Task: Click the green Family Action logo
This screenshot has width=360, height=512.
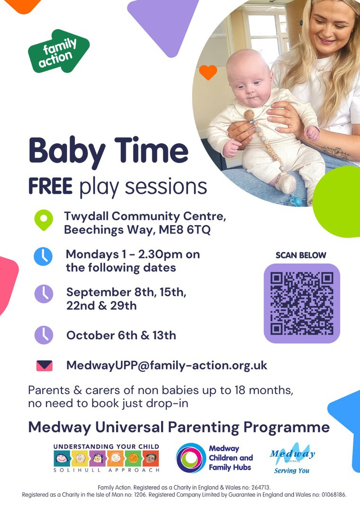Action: (x=58, y=51)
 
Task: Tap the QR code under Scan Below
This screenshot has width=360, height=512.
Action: (x=302, y=304)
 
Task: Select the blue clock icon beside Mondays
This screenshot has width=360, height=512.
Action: (x=43, y=256)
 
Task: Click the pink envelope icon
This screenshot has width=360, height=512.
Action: (x=45, y=366)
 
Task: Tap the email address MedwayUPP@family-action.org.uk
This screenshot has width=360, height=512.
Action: (x=166, y=366)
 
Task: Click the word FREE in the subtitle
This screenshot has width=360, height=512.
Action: (x=50, y=186)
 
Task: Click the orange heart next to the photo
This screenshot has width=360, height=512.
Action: (x=208, y=72)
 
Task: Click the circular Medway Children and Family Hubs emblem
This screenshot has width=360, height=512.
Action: (x=191, y=458)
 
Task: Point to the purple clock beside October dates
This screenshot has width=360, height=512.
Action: (x=44, y=335)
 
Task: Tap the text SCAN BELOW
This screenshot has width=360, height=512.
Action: (x=301, y=256)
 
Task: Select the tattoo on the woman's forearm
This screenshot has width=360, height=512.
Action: (x=336, y=152)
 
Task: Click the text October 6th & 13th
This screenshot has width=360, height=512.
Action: (x=121, y=335)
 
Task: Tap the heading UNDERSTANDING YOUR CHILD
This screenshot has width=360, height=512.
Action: (x=107, y=447)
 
